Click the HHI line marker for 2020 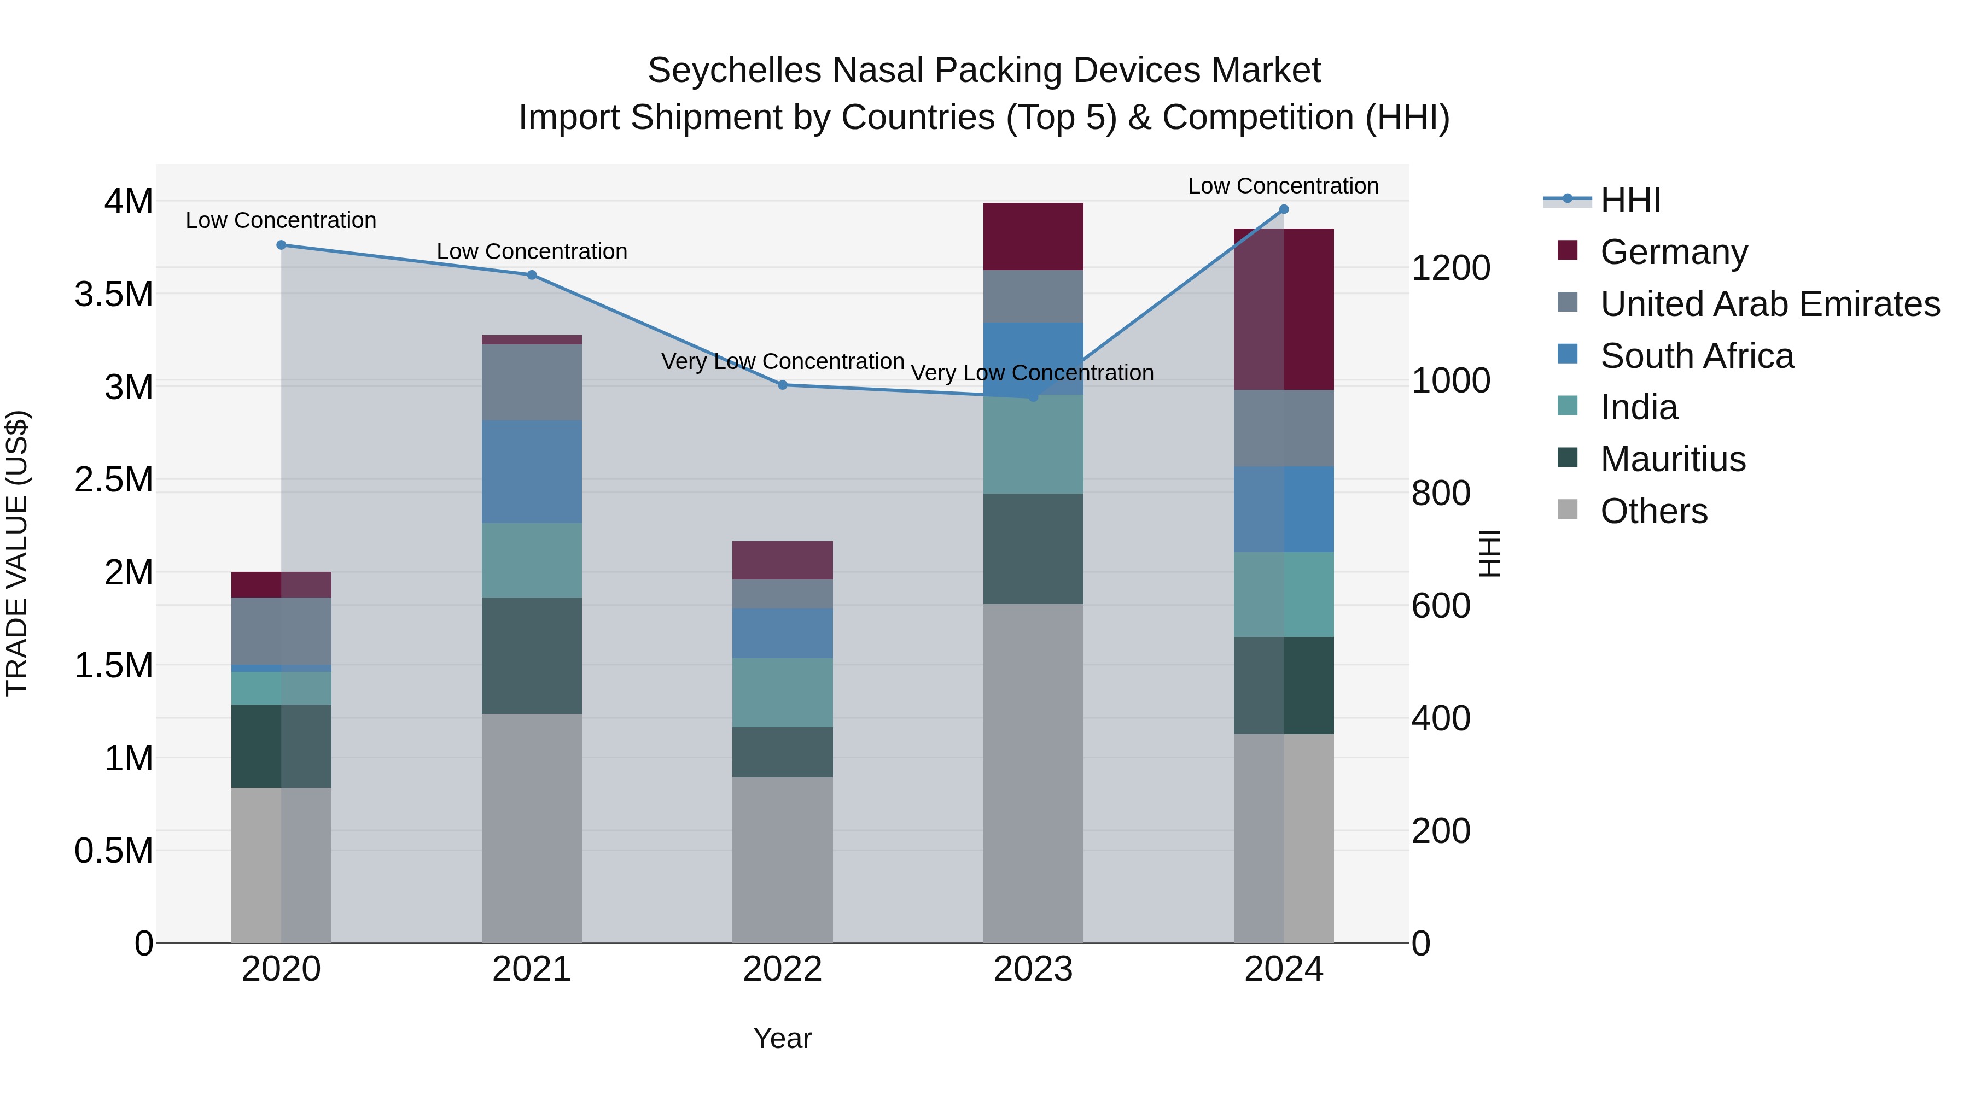click(x=281, y=245)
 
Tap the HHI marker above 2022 click(x=782, y=385)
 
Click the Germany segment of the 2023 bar click(x=1033, y=237)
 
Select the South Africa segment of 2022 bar click(x=782, y=634)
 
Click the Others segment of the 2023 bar click(x=1033, y=773)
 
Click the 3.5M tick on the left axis click(x=113, y=294)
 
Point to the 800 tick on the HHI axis click(x=1440, y=494)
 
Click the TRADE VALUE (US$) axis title click(x=17, y=553)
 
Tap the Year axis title click(x=782, y=1038)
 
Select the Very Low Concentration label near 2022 click(x=782, y=361)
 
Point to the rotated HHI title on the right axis click(x=1489, y=553)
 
